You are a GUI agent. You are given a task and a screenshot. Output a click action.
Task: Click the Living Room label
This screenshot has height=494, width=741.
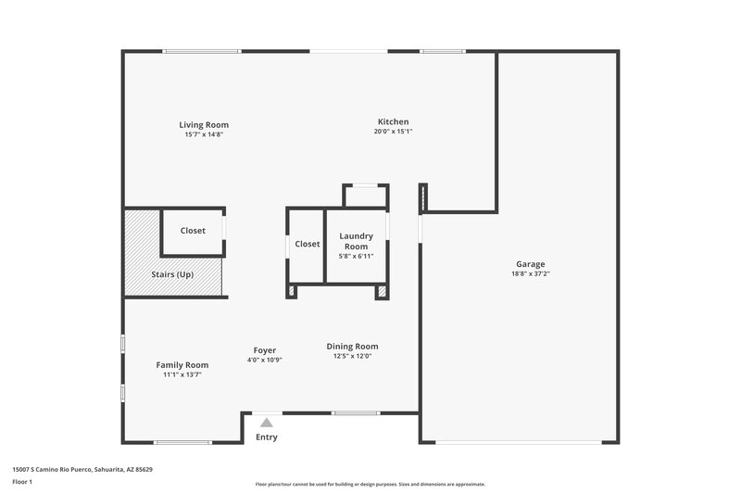coord(204,124)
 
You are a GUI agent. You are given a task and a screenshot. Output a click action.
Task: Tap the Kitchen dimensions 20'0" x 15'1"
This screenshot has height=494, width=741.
coord(393,132)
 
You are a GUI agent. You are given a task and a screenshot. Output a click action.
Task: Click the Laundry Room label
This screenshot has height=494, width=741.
coord(356,241)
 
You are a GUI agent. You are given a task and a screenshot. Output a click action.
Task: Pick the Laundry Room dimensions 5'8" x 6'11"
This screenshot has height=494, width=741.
coord(356,257)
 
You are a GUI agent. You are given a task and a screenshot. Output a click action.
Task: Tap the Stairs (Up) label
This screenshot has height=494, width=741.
coord(172,274)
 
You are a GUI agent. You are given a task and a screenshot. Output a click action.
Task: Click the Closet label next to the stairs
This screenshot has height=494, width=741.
coord(193,231)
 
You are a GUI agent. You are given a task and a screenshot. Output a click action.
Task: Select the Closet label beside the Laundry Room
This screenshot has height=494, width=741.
coord(307,244)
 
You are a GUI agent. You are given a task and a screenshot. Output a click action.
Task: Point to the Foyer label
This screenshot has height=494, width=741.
coord(264,349)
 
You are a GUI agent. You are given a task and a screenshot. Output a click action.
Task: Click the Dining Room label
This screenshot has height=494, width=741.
coord(352,347)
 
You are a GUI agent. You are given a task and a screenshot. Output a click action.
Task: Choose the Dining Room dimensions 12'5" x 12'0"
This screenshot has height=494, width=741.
coord(352,357)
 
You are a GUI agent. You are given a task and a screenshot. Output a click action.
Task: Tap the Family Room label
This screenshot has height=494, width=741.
coord(182,364)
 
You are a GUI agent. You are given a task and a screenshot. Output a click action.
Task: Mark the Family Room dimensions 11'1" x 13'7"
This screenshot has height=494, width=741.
coord(182,374)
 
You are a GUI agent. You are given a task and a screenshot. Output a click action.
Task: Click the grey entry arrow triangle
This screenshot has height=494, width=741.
coord(266,423)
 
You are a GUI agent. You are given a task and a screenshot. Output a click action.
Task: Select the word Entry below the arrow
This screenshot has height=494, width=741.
coord(266,437)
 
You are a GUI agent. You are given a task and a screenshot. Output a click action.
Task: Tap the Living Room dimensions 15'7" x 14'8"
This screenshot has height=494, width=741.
coord(204,134)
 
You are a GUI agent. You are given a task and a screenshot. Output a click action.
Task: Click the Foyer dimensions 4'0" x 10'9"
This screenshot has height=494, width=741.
coord(264,360)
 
